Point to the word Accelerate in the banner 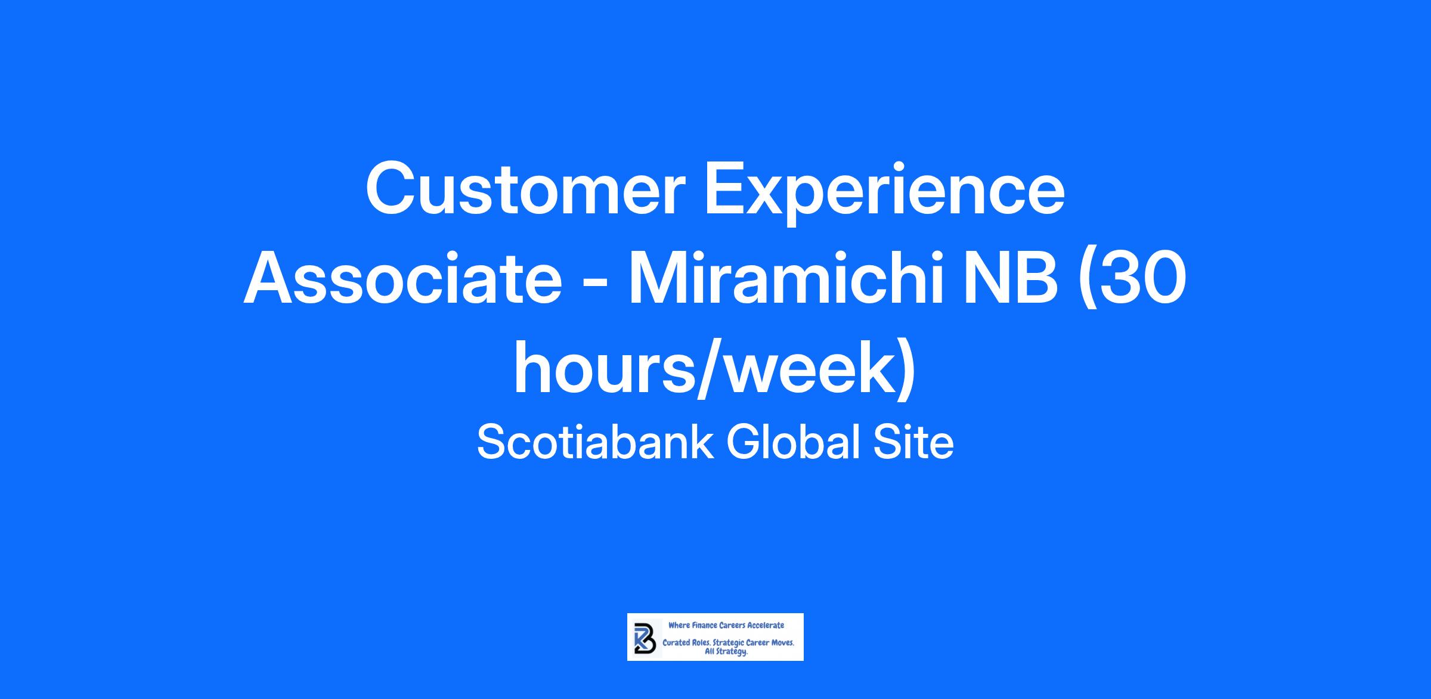pos(766,625)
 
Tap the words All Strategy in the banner pos(727,652)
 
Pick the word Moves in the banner pos(782,643)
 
